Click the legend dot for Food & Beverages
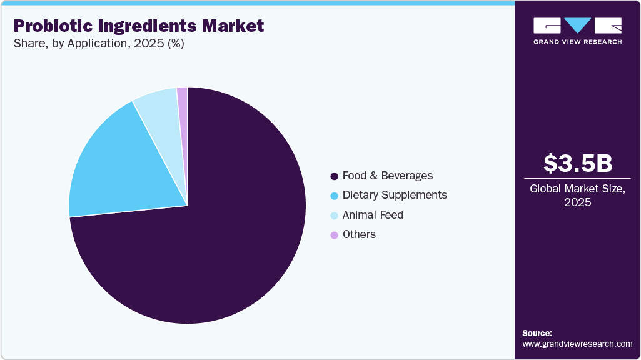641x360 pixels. (x=334, y=176)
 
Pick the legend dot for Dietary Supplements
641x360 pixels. (x=334, y=196)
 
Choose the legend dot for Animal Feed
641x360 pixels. (x=334, y=216)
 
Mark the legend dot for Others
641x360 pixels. (x=334, y=235)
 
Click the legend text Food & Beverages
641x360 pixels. (x=387, y=176)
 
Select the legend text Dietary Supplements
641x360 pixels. (x=395, y=195)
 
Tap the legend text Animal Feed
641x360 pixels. (x=373, y=215)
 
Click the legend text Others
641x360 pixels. (x=359, y=234)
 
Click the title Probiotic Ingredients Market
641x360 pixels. (x=138, y=26)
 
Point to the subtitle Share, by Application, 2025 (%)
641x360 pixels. (x=98, y=44)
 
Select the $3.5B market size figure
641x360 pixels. (x=577, y=163)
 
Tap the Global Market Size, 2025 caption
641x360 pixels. (x=577, y=195)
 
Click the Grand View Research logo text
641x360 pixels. (x=577, y=42)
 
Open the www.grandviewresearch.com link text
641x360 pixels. (x=577, y=344)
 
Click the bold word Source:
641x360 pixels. (x=537, y=333)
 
